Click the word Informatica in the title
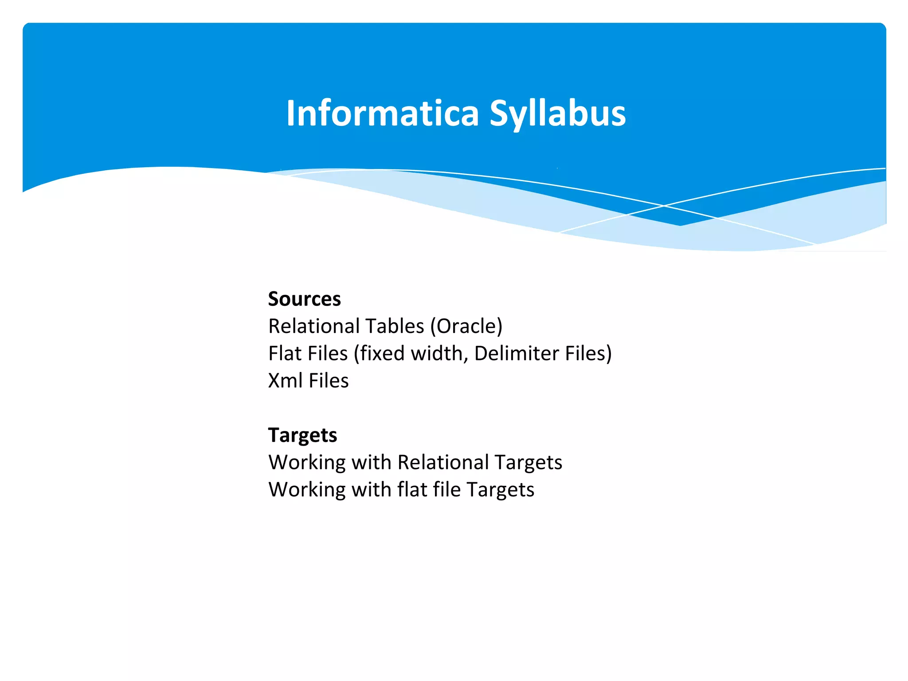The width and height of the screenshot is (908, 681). click(x=382, y=113)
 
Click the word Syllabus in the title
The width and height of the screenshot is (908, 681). click(x=557, y=113)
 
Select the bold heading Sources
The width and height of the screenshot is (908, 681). click(x=304, y=299)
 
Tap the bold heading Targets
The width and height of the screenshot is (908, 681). click(x=302, y=435)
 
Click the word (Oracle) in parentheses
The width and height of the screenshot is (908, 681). click(x=466, y=327)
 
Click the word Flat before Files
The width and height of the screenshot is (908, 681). click(x=285, y=354)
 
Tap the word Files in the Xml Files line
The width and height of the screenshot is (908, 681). click(x=329, y=381)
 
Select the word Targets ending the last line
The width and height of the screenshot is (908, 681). click(x=500, y=490)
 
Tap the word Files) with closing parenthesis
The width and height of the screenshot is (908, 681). click(x=588, y=354)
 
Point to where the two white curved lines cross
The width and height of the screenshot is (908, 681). click(x=664, y=206)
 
